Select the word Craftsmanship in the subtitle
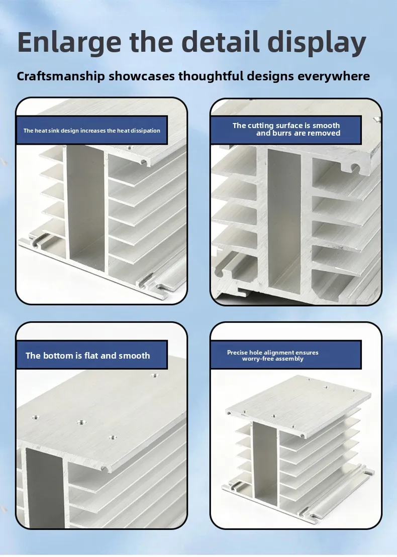(61, 76)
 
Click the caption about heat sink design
(91, 131)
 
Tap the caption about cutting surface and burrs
(286, 129)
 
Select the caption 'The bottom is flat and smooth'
(88, 356)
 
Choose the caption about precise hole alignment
(272, 356)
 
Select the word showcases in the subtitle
(142, 76)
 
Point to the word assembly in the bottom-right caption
(291, 359)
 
